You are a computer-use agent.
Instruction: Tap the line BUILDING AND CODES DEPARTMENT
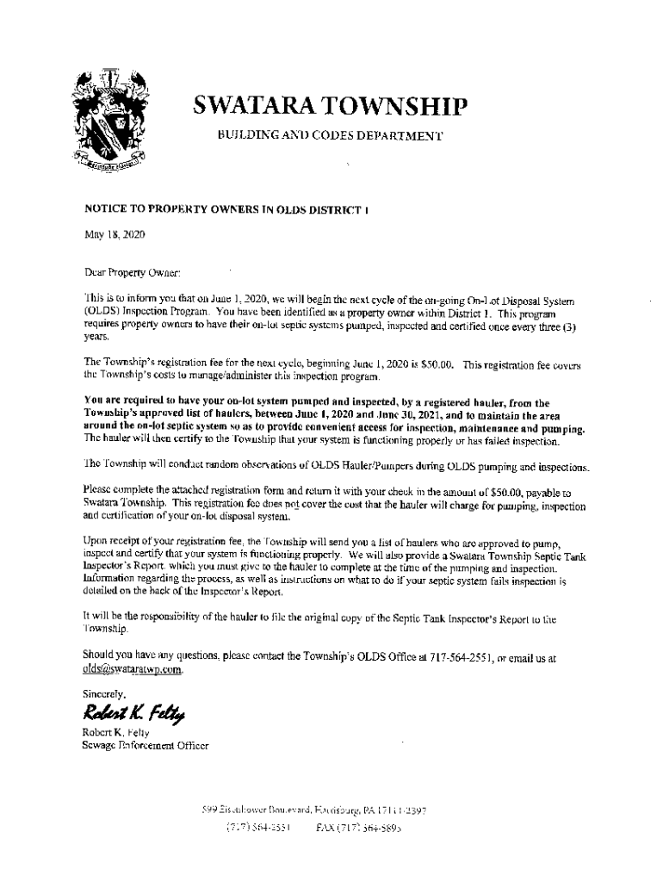(x=330, y=137)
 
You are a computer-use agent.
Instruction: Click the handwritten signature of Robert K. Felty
(x=134, y=711)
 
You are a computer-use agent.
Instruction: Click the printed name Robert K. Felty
(x=115, y=733)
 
